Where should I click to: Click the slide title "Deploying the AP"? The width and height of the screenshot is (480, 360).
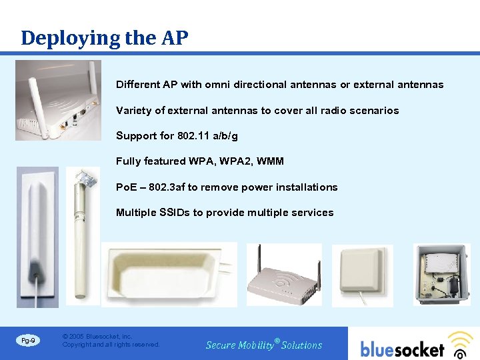[x=105, y=38]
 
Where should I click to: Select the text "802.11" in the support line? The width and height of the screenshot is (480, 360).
[x=193, y=136]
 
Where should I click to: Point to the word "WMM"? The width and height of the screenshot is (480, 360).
[x=269, y=161]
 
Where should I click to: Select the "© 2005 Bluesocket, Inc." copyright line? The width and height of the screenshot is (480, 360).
[x=97, y=337]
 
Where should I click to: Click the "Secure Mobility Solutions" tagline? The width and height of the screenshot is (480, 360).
[x=264, y=345]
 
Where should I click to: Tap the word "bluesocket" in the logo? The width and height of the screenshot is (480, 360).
[x=402, y=349]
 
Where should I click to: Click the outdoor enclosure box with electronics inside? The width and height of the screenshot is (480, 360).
[x=442, y=274]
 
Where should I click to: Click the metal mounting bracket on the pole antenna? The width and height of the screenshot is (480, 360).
[x=86, y=179]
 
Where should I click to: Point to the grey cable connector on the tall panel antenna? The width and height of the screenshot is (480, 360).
[x=35, y=271]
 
